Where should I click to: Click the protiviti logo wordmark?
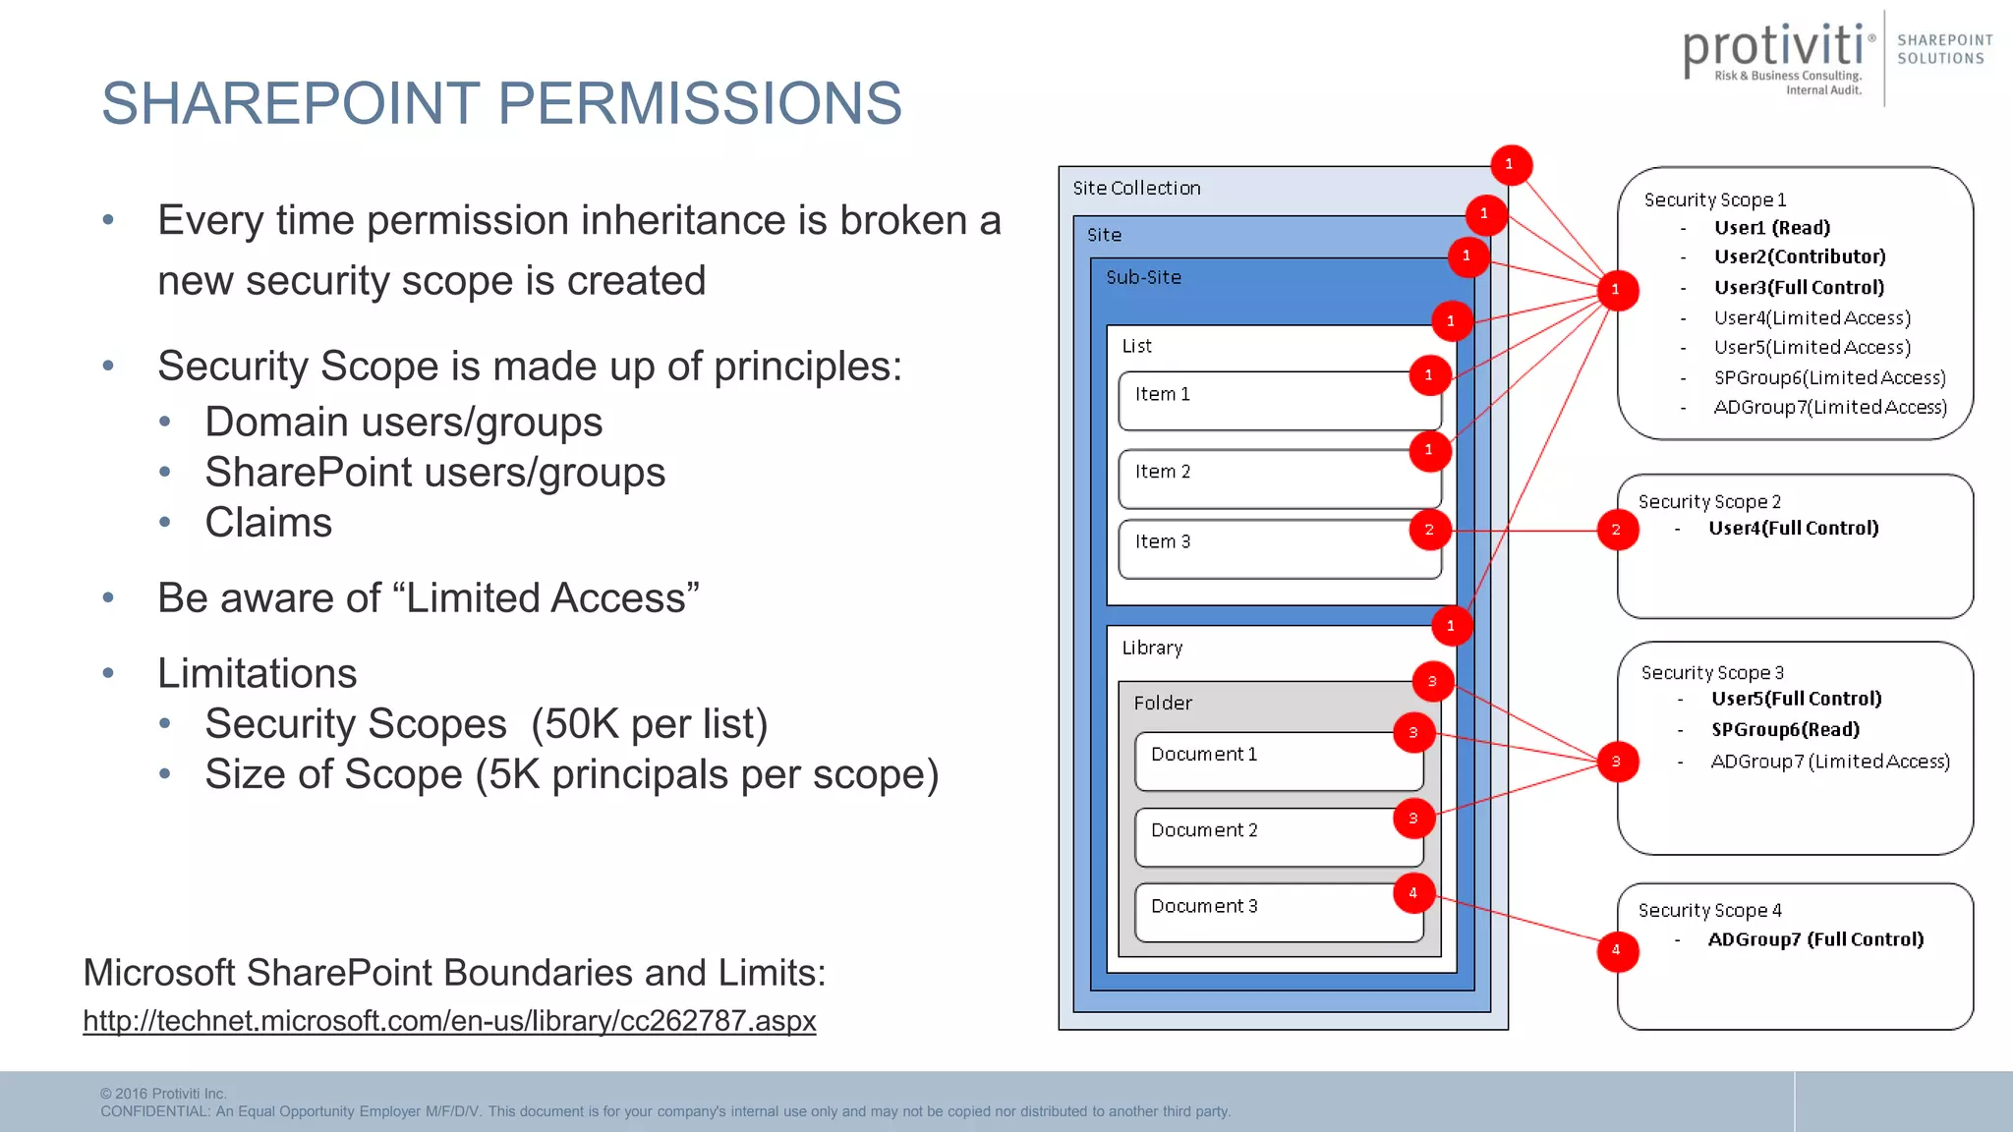tap(1773, 49)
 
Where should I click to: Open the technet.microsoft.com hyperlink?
tap(449, 1021)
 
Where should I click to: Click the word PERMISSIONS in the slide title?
tap(701, 103)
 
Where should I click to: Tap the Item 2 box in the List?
tap(1278, 480)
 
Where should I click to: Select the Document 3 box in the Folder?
tap(1278, 913)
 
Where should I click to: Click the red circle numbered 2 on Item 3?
tap(1428, 530)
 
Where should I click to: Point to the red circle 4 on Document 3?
tap(1413, 893)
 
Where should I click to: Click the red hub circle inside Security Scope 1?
tap(1616, 290)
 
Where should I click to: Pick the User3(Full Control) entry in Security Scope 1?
tap(1799, 288)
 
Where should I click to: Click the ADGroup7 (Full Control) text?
tap(1815, 939)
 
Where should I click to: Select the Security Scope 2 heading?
tap(1709, 502)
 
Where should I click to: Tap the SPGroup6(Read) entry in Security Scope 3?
tap(1785, 730)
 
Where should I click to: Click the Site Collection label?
tap(1136, 189)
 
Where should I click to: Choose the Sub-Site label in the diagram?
tap(1143, 278)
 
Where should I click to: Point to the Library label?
tap(1152, 649)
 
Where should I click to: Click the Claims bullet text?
tap(268, 523)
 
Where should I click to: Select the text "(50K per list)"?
tap(649, 724)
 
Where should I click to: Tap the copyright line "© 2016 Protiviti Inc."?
tap(163, 1094)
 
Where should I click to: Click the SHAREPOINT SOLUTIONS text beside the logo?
tap(1943, 49)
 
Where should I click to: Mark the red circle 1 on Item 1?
tap(1428, 375)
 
